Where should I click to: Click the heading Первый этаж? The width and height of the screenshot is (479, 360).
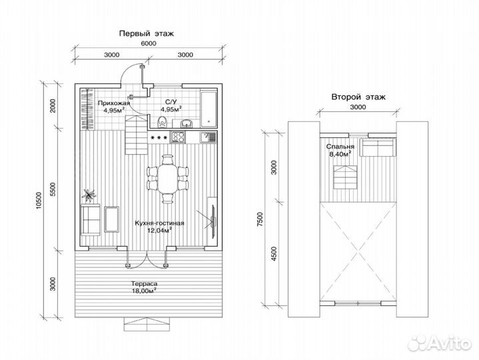tap(147, 33)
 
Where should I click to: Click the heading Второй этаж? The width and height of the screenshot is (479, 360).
tap(358, 97)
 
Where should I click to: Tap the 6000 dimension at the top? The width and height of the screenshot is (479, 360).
tap(149, 43)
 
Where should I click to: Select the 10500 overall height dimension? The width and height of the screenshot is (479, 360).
tap(39, 201)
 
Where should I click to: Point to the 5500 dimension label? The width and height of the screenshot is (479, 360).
tap(54, 189)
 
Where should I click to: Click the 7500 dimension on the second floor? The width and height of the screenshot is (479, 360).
tap(260, 219)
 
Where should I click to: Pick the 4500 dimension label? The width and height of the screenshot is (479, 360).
tap(274, 253)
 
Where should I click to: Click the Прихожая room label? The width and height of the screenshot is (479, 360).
tap(114, 103)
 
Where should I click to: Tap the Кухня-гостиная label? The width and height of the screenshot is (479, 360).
tap(159, 223)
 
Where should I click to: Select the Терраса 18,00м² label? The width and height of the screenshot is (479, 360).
tap(144, 287)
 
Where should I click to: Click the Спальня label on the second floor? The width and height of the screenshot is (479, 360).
tap(340, 147)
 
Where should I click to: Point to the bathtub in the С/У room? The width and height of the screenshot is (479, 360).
tap(209, 108)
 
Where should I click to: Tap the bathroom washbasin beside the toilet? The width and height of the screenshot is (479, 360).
tap(186, 123)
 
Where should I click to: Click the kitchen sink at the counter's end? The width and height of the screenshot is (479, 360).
tap(208, 137)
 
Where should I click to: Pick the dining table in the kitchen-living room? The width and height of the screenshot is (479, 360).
tap(167, 179)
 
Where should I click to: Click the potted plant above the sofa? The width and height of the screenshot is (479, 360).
tap(89, 195)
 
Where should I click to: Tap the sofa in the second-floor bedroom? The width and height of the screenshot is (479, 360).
tap(378, 147)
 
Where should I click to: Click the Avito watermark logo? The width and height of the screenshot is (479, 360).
tap(439, 343)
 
